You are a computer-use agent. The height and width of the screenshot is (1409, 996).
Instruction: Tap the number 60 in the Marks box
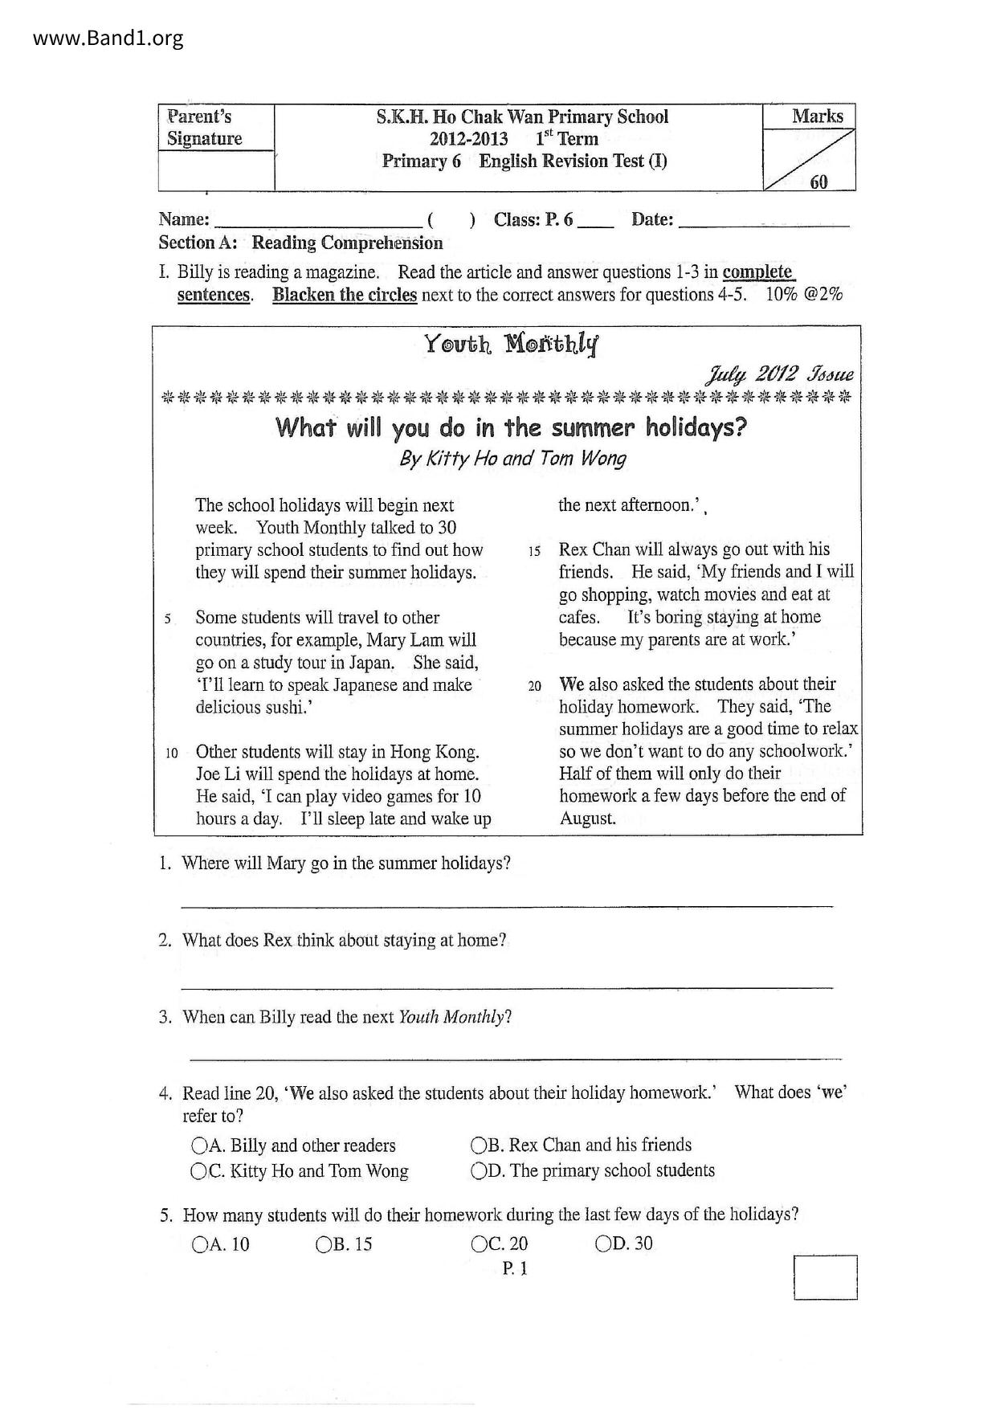[x=818, y=182]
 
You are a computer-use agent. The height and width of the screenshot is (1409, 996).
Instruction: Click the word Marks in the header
[x=818, y=116]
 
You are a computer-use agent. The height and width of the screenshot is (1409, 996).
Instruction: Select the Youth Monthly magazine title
[x=512, y=345]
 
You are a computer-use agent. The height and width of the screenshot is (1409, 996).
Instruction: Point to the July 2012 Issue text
[x=778, y=374]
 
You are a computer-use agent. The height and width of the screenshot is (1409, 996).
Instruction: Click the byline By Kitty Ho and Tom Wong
[x=512, y=458]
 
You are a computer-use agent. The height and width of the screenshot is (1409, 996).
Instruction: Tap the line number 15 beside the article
[x=535, y=551]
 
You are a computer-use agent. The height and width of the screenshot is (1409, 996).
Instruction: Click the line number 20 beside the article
[x=535, y=686]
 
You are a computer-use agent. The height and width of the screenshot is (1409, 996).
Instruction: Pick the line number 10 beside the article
[x=171, y=754]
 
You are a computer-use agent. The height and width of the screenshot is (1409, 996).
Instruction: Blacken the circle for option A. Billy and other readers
[x=199, y=1145]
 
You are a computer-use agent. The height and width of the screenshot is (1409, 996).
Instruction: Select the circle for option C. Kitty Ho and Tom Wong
[x=198, y=1171]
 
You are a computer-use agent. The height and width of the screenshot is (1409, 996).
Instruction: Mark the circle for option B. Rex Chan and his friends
[x=479, y=1145]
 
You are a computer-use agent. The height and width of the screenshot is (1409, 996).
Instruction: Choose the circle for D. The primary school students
[x=479, y=1170]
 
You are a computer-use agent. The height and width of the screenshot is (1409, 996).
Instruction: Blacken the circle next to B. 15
[x=324, y=1244]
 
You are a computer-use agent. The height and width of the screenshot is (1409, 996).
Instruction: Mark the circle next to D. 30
[x=603, y=1244]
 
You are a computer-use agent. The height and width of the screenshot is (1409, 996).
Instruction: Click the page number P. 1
[x=515, y=1268]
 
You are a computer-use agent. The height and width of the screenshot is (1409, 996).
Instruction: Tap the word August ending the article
[x=587, y=819]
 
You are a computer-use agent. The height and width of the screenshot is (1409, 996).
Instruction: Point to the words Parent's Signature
[x=204, y=128]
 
